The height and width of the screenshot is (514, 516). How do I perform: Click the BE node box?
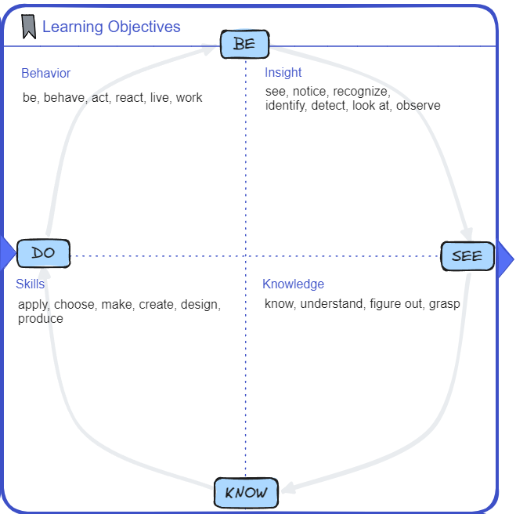click(x=244, y=44)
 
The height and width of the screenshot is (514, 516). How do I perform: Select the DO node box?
click(x=43, y=253)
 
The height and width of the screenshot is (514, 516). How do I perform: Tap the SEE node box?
click(x=467, y=256)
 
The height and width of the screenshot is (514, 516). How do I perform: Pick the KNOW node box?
click(x=246, y=493)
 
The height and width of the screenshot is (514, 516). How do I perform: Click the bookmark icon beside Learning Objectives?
click(x=28, y=27)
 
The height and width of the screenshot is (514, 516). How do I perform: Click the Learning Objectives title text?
click(x=111, y=27)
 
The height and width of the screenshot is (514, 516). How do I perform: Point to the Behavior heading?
click(x=45, y=74)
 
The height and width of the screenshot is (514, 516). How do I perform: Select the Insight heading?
click(x=283, y=73)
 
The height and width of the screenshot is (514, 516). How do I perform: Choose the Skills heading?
click(x=30, y=284)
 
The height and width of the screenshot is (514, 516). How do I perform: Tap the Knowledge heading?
click(x=293, y=284)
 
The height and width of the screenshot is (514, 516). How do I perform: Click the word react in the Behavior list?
click(x=129, y=98)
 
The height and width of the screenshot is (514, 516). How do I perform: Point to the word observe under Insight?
click(x=418, y=106)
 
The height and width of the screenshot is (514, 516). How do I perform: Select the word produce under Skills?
click(x=40, y=319)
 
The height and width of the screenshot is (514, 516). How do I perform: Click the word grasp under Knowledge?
click(x=444, y=304)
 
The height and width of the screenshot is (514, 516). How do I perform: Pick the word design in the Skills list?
click(x=200, y=305)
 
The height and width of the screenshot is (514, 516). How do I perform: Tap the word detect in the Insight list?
click(x=327, y=106)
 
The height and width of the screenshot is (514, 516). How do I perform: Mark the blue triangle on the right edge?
click(x=505, y=255)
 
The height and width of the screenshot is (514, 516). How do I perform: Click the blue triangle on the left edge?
click(x=7, y=253)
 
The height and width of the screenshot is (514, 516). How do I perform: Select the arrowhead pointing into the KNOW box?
click(x=287, y=488)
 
